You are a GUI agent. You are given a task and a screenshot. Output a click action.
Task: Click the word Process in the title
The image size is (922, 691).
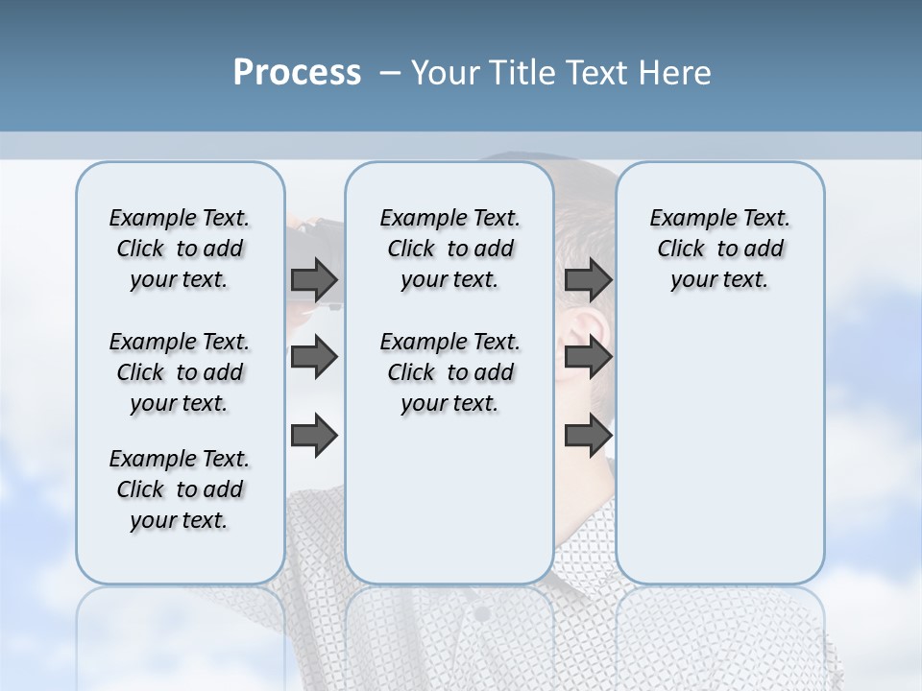[297, 73]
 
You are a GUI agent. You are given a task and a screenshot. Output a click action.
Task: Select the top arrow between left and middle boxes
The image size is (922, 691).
[314, 280]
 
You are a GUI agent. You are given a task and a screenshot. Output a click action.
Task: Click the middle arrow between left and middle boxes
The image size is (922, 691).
[314, 358]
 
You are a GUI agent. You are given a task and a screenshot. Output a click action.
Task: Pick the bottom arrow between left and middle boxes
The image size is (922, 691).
[314, 435]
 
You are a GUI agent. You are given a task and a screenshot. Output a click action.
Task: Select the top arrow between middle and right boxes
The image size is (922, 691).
[588, 280]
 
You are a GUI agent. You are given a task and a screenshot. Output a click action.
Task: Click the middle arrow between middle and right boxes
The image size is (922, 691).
[588, 358]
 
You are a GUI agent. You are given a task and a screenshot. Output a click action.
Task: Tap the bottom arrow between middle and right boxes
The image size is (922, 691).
[588, 435]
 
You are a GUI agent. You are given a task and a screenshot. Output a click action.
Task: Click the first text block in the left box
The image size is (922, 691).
[180, 249]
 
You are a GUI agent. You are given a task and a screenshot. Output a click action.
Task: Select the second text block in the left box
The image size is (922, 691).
[180, 372]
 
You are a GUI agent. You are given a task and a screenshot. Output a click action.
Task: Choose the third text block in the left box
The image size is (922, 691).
[180, 489]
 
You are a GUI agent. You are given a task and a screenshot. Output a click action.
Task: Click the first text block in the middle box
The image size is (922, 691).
[449, 249]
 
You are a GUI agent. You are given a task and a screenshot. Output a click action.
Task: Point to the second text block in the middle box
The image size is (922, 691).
[449, 372]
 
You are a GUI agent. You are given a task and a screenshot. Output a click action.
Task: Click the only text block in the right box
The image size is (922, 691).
[719, 249]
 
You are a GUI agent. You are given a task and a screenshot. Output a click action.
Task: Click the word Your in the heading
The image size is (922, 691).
[443, 73]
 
